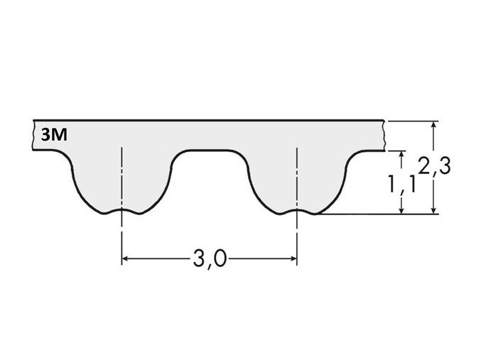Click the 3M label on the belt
[55, 133]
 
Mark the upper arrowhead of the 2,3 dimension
[434, 125]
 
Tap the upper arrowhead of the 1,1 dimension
[402, 155]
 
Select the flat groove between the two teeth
[210, 151]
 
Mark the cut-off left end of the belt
[34, 135]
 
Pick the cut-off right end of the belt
[384, 135]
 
